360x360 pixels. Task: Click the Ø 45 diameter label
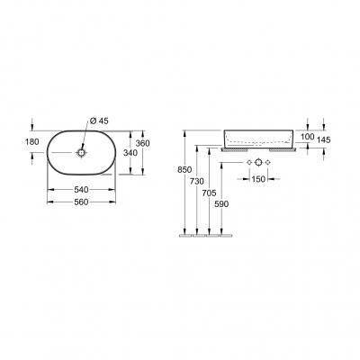click(x=99, y=121)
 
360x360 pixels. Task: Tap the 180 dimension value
click(x=32, y=141)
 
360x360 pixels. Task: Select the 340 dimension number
click(x=130, y=153)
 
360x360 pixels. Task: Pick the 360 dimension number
click(x=142, y=143)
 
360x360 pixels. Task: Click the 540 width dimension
click(x=81, y=190)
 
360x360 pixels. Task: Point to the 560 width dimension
click(x=81, y=202)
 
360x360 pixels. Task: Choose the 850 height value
click(x=184, y=170)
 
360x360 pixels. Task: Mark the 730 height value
click(x=197, y=182)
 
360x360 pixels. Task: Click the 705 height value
click(x=209, y=193)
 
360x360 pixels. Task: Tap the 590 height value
click(x=221, y=204)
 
